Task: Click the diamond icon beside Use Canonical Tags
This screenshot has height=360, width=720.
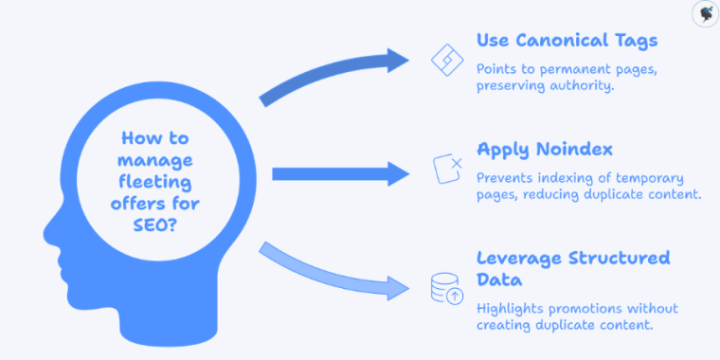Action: pos(445,59)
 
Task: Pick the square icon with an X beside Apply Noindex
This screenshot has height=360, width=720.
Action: pos(446,168)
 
